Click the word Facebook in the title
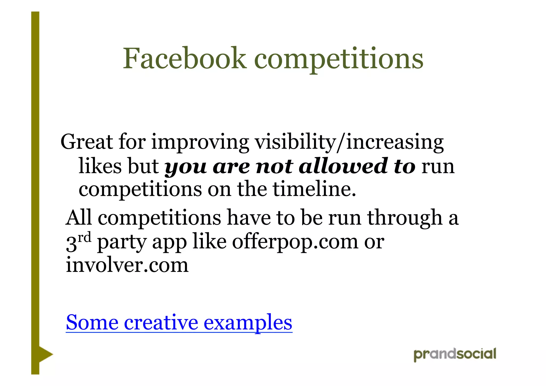184,58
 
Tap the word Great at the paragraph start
87,142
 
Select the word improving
200,143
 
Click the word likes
100,166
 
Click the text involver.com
127,265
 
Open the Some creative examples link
179,323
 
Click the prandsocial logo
455,355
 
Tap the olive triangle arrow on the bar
45,355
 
